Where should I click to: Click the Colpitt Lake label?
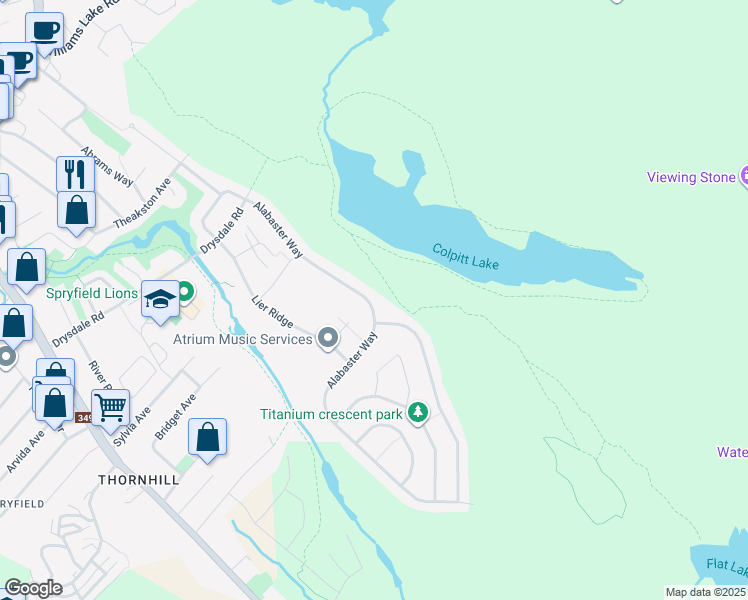click(465, 256)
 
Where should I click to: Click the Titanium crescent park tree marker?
click(418, 412)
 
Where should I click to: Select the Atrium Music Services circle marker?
click(328, 339)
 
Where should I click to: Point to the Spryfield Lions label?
click(94, 294)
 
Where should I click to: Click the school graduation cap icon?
click(160, 298)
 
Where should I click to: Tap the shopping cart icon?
click(110, 405)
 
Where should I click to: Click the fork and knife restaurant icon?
click(75, 173)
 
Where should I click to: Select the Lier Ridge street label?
click(272, 311)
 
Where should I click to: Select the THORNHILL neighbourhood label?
click(138, 480)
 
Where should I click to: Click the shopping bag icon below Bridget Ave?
click(207, 436)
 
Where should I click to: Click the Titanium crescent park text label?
click(331, 414)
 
